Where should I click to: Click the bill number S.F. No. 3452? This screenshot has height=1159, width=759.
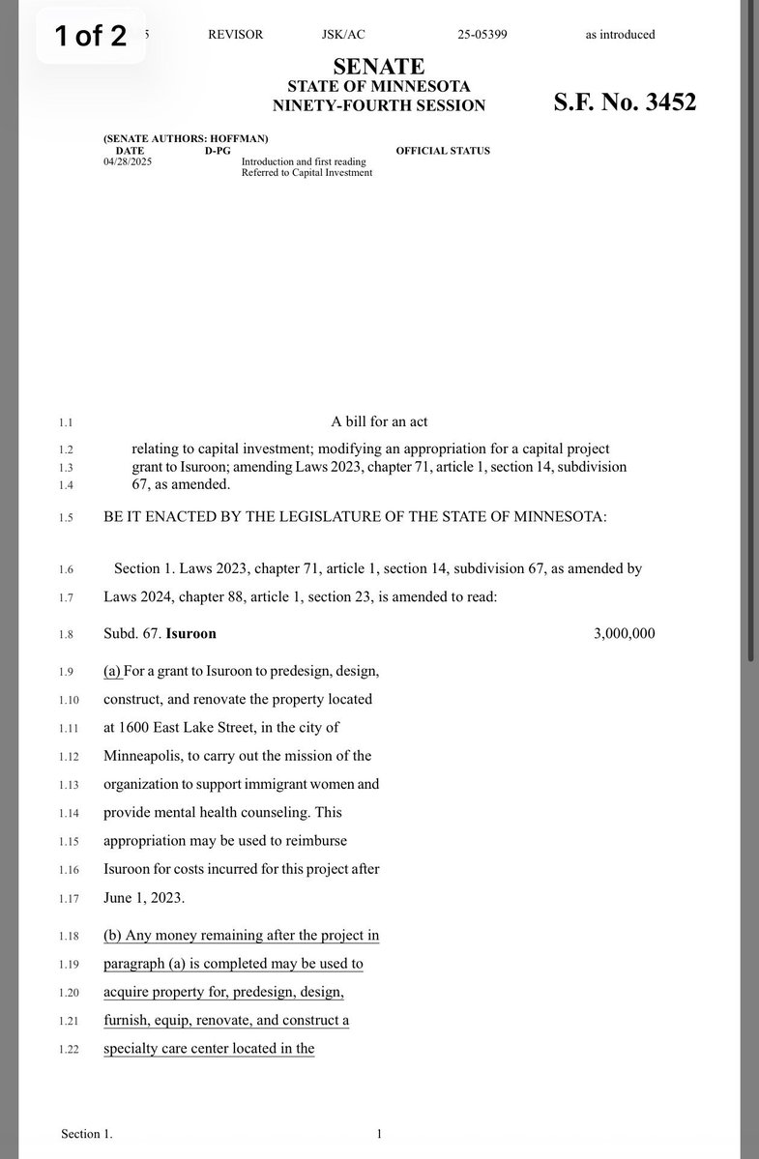pyautogui.click(x=625, y=102)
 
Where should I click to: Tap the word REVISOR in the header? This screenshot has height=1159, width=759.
pyautogui.click(x=235, y=35)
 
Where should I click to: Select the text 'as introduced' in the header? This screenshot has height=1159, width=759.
pyautogui.click(x=620, y=35)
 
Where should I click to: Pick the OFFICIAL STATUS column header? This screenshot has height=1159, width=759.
pyautogui.click(x=443, y=151)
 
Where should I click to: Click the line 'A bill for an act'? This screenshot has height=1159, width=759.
pyautogui.click(x=379, y=421)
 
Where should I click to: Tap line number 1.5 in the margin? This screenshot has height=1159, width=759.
pyautogui.click(x=66, y=518)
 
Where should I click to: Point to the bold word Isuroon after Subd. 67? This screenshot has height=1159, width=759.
pyautogui.click(x=191, y=634)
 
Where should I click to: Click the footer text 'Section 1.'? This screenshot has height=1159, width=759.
pyautogui.click(x=86, y=1134)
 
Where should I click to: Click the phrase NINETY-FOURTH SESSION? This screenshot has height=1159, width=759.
pyautogui.click(x=379, y=105)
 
